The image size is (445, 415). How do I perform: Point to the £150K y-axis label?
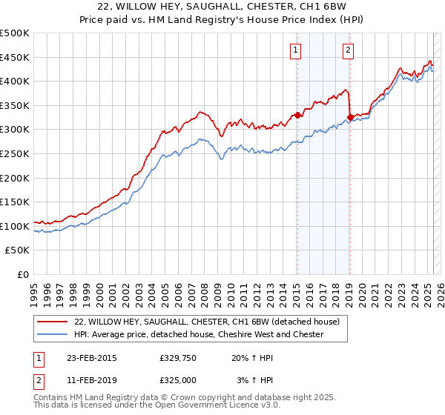coord(16,202)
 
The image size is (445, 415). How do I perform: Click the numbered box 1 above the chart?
coord(296,50)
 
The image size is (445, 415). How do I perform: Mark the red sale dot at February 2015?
coord(297,115)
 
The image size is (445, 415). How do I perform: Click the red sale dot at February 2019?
coord(349,117)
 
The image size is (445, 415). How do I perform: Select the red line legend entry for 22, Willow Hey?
coord(207,322)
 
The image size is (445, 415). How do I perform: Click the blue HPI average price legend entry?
coord(199,334)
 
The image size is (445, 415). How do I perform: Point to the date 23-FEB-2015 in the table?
coord(90,358)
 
